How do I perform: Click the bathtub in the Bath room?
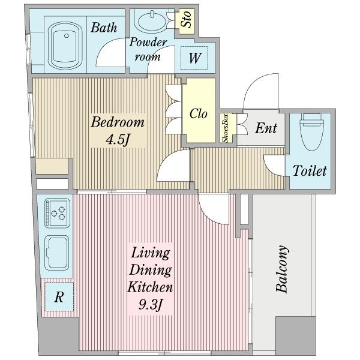[65, 46]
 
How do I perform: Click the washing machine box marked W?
[194, 58]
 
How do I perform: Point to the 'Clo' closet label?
[199, 113]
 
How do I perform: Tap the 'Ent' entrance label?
[266, 128]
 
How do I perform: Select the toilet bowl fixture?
[312, 131]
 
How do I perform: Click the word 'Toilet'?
[310, 171]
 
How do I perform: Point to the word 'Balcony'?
[282, 269]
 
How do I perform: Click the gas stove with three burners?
[57, 213]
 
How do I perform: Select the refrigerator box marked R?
[59, 296]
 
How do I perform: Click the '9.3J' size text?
[151, 305]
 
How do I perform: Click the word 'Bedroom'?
[118, 122]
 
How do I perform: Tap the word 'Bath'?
[104, 28]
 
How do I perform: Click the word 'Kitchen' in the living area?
[150, 287]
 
